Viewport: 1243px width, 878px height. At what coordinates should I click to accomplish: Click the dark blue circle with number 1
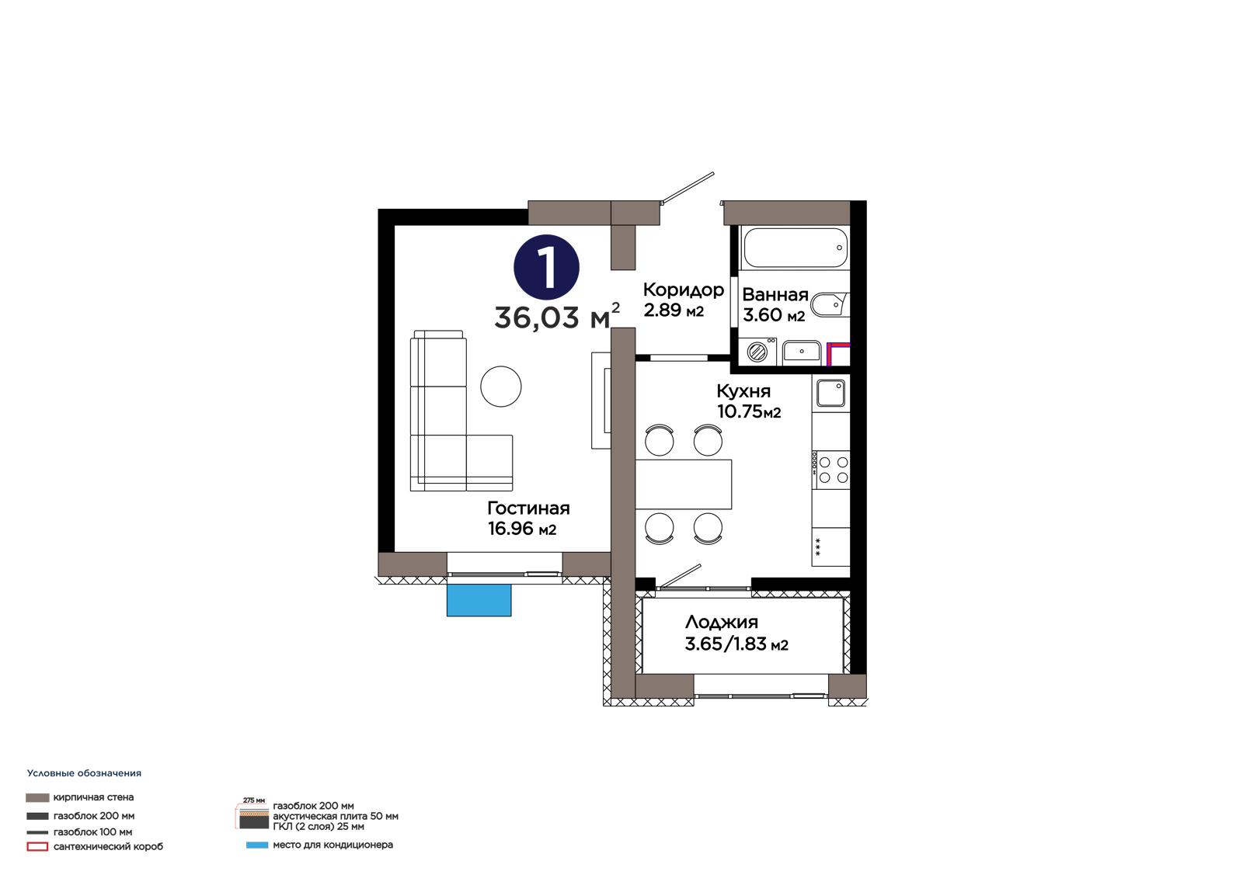click(x=547, y=267)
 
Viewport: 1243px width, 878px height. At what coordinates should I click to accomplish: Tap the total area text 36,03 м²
click(x=556, y=316)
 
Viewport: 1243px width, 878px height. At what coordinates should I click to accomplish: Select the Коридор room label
click(x=683, y=290)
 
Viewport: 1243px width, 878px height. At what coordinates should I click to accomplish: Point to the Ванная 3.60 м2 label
click(x=775, y=304)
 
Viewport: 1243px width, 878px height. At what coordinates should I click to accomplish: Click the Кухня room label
click(x=743, y=391)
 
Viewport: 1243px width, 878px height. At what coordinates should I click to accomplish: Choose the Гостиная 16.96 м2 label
click(x=528, y=518)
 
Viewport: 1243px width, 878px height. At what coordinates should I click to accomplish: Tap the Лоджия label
click(x=722, y=622)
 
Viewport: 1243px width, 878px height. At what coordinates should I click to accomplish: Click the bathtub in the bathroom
click(x=796, y=248)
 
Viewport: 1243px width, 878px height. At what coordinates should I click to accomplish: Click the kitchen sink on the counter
click(x=830, y=393)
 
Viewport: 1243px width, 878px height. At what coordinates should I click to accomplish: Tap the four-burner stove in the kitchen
click(x=830, y=470)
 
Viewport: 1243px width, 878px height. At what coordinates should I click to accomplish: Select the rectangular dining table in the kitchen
click(x=683, y=484)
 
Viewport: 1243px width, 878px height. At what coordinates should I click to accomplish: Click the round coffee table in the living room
click(x=500, y=387)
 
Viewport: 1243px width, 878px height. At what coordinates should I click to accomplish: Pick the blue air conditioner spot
click(x=479, y=599)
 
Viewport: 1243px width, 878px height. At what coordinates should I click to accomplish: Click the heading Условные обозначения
click(x=85, y=773)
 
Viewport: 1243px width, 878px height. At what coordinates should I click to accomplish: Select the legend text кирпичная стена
click(x=93, y=797)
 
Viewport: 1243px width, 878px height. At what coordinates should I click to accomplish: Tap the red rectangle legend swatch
click(x=37, y=846)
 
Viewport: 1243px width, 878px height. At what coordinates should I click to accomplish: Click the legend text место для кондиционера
click(x=333, y=845)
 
